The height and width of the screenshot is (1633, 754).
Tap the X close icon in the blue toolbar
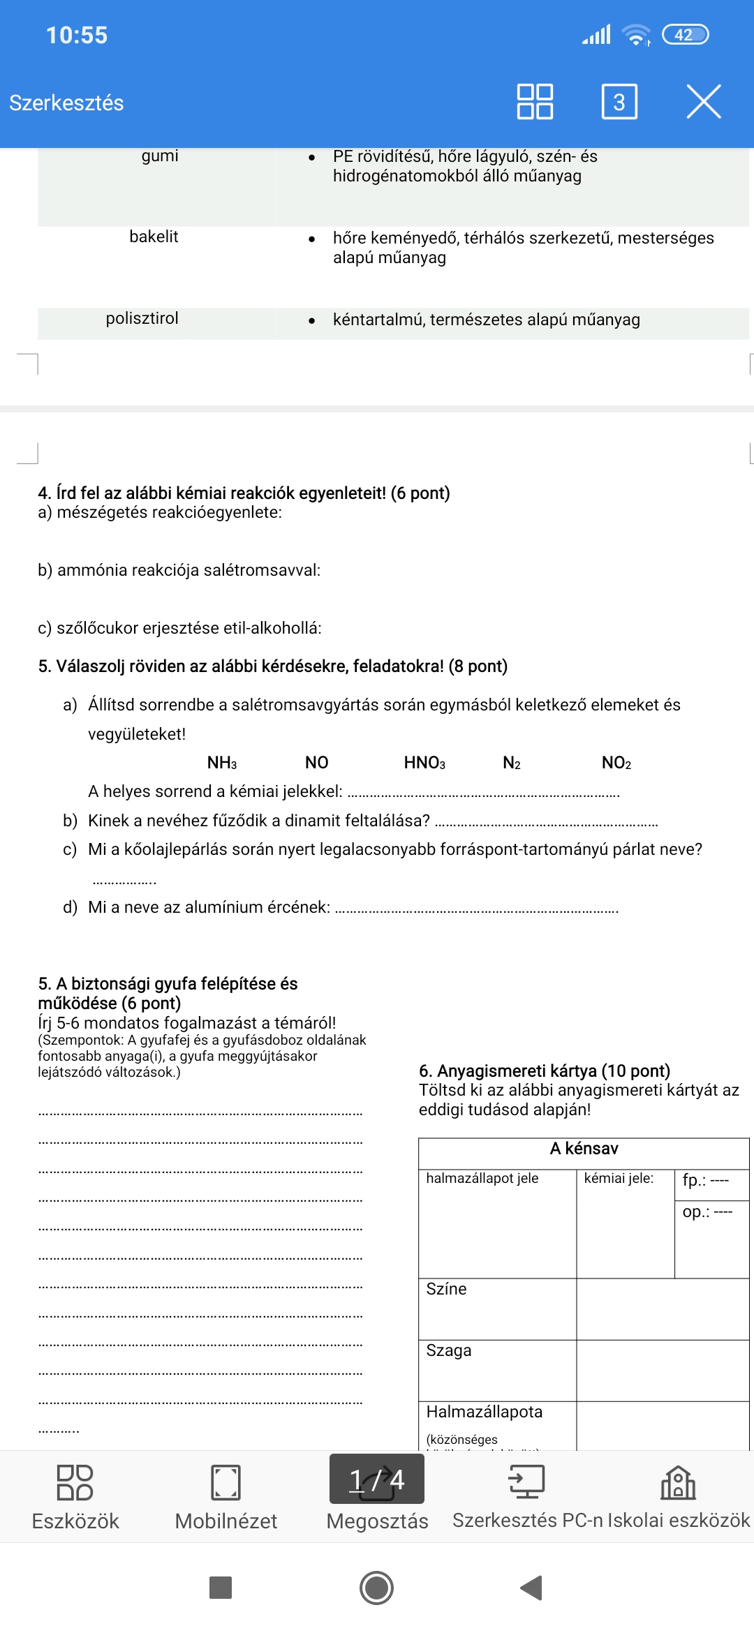(x=703, y=102)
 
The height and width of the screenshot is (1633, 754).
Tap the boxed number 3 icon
(x=619, y=102)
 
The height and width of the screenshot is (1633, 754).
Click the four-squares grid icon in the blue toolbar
(x=535, y=102)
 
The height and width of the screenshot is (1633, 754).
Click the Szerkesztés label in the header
(x=66, y=103)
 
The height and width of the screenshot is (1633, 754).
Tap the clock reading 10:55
(x=77, y=35)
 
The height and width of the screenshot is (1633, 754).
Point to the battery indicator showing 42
(x=684, y=35)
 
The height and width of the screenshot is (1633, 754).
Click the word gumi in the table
(x=160, y=156)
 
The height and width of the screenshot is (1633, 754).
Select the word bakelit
(x=154, y=237)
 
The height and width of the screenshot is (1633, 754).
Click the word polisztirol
(x=142, y=318)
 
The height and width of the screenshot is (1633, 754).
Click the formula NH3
(x=222, y=763)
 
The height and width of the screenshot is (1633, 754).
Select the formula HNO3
(x=424, y=763)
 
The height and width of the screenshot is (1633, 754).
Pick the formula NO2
(x=616, y=763)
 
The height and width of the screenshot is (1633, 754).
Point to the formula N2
(x=512, y=763)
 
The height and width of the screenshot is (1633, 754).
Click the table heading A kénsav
(x=584, y=1149)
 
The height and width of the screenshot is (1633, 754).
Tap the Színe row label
(x=446, y=1289)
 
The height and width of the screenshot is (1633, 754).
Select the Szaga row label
(x=449, y=1350)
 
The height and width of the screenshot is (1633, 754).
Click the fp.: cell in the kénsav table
(x=705, y=1180)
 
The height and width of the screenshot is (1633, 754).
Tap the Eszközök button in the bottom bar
(x=75, y=1498)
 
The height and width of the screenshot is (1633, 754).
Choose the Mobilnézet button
(x=226, y=1498)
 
